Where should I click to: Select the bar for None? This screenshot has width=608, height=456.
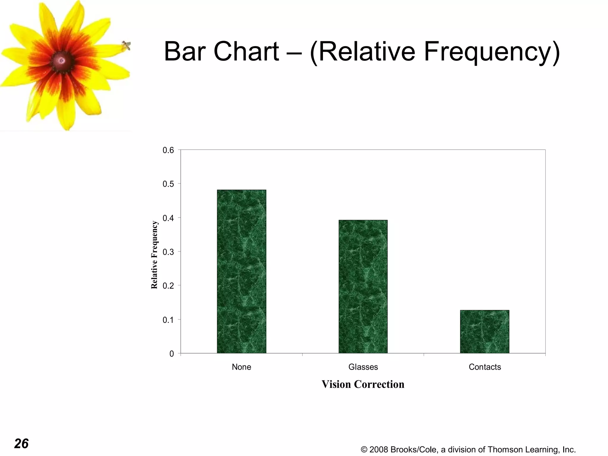241,271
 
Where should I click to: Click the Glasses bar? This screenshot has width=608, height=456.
363,286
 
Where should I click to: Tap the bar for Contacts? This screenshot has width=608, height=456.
484,332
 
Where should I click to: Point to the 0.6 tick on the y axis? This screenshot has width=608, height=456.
168,150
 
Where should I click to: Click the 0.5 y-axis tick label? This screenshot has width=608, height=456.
168,184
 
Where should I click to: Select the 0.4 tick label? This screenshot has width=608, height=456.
168,218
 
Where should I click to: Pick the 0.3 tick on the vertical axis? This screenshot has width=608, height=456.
168,252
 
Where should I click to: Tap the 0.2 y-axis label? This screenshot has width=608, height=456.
168,286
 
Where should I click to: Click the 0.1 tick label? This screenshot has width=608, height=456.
168,320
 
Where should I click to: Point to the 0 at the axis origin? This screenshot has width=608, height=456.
172,354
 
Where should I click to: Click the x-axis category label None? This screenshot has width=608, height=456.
241,367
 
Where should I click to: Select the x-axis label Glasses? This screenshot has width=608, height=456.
363,367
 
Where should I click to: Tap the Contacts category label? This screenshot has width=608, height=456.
485,367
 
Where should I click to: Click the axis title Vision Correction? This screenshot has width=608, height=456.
363,384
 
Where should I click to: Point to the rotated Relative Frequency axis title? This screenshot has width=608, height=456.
154,255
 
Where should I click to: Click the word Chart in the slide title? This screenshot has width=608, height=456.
246,52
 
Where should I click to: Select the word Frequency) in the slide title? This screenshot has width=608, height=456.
492,52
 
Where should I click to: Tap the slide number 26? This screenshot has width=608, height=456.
21,444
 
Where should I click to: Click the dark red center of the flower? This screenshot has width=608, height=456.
62,61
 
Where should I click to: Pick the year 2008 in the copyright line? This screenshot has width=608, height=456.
379,449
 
